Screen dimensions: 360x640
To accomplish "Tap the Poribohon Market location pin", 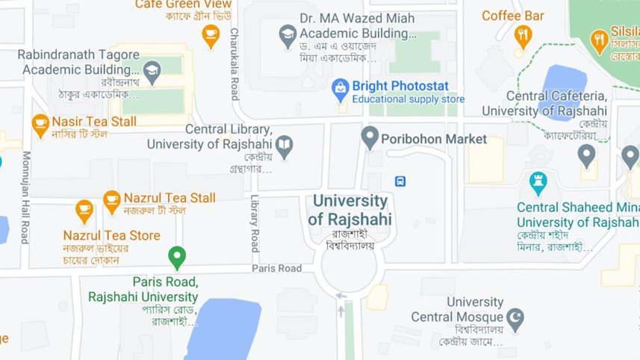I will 369,137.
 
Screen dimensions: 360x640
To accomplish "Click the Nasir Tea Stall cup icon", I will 40,124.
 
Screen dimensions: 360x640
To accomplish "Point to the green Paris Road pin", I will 177,257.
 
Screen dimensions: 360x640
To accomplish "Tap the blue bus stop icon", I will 401,181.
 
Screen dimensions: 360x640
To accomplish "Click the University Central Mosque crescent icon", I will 515,319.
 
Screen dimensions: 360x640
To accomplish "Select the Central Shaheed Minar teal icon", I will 538,181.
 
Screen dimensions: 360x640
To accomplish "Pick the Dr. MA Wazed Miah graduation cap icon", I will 288,34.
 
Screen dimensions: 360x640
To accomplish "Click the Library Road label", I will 255,223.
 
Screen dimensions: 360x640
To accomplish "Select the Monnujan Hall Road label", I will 25,198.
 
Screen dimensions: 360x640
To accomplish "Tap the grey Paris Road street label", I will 276,268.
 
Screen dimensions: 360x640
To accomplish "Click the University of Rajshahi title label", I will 350,210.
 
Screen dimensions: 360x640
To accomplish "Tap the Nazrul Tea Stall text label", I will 170,198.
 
